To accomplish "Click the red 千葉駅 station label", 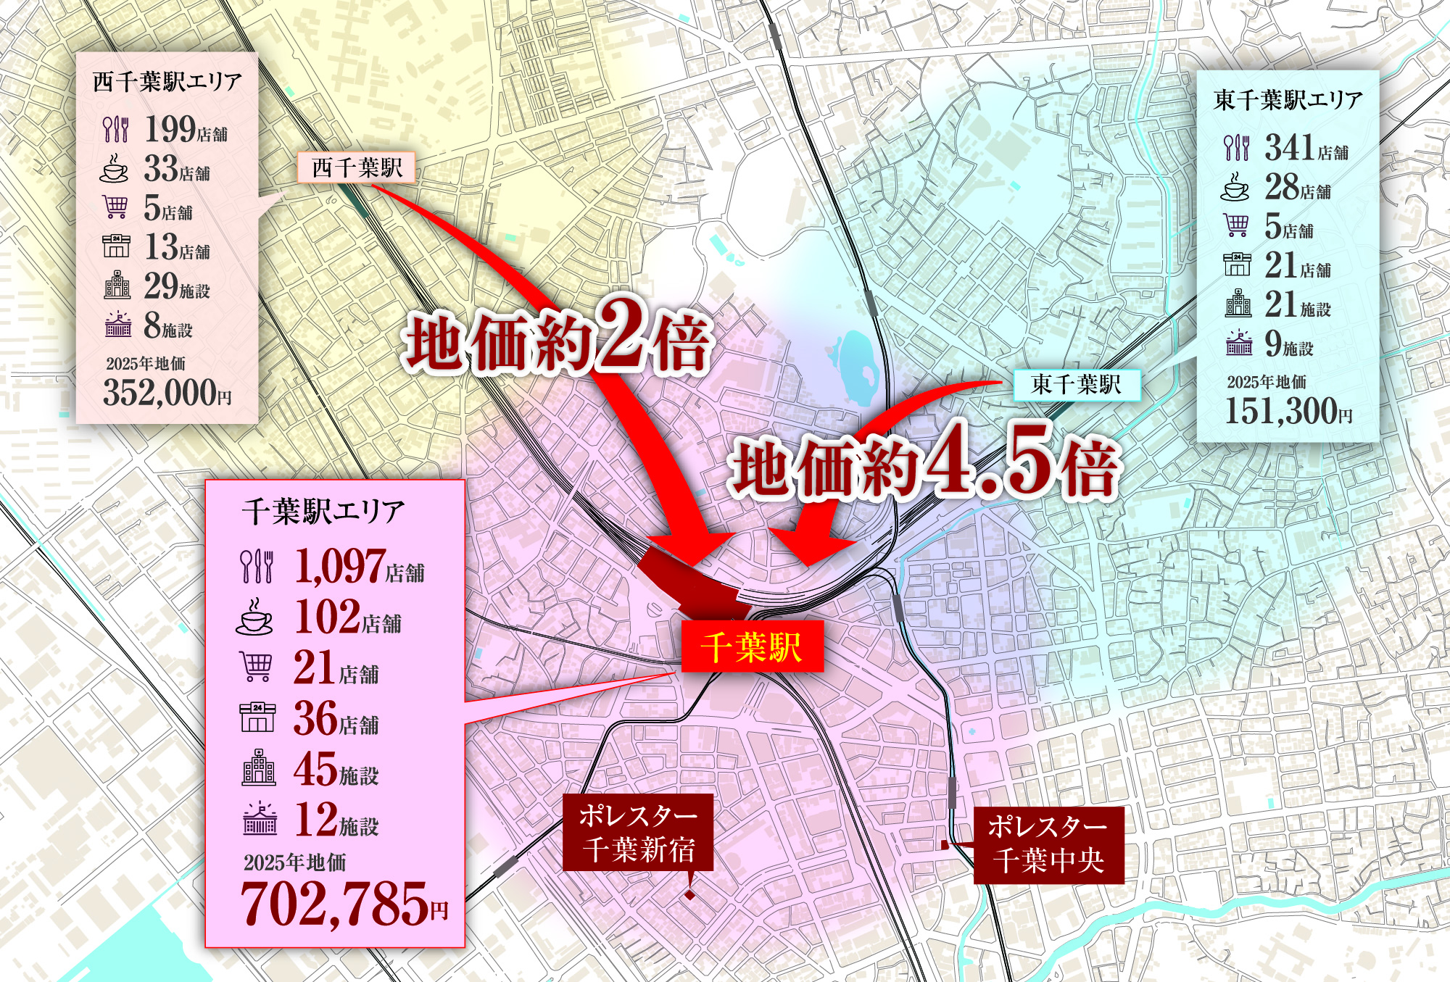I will (752, 646).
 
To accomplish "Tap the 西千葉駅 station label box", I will (356, 168).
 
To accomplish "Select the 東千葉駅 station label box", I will (1076, 384).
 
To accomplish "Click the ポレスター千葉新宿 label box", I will (638, 833).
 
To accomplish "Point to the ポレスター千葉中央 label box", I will (1048, 844).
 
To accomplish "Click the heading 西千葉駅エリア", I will (167, 82).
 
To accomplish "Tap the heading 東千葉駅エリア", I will (1288, 100).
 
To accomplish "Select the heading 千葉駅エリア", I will (323, 512).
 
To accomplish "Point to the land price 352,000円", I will (167, 393).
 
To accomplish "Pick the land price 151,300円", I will (1288, 411).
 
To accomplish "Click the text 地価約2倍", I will (557, 341).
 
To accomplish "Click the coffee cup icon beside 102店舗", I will (255, 617).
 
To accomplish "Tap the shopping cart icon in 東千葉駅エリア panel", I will (1237, 225).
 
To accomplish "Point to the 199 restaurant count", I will (170, 129).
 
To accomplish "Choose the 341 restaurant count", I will (1290, 148).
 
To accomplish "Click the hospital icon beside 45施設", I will (258, 768).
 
